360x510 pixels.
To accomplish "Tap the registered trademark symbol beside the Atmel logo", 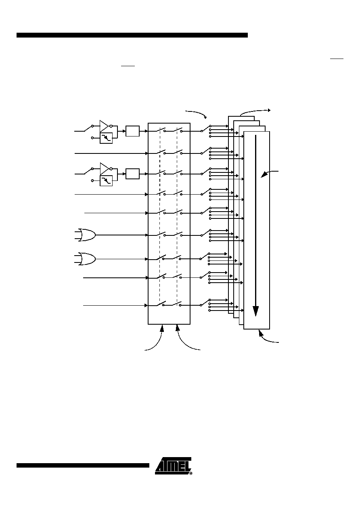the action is pos(191,473).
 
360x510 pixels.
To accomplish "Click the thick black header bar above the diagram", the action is pos(132,35).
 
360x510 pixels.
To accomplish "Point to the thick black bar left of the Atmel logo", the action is pos(83,466).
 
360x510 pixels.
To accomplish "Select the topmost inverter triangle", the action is pos(104,126).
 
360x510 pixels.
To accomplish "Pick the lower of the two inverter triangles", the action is pos(104,169).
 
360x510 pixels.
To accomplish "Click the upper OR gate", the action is pos(87,235).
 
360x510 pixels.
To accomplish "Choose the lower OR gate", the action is pos(87,259).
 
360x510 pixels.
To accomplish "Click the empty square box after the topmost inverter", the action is pos(132,131).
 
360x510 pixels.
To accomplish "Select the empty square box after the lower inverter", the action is pos(132,174).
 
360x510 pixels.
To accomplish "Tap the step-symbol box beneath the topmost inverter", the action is pos(106,138).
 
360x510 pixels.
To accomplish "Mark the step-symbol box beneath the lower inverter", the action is pos(106,181).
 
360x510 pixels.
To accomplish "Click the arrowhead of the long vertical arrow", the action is pos(256,311).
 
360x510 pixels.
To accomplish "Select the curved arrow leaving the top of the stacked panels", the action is pos(255,111).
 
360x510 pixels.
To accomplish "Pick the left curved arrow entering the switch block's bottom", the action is pos(157,342).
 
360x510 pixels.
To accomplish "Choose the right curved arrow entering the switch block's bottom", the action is pos(183,342).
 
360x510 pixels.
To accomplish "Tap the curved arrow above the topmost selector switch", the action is pos(197,113).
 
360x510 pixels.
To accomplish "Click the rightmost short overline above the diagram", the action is pos(337,59).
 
